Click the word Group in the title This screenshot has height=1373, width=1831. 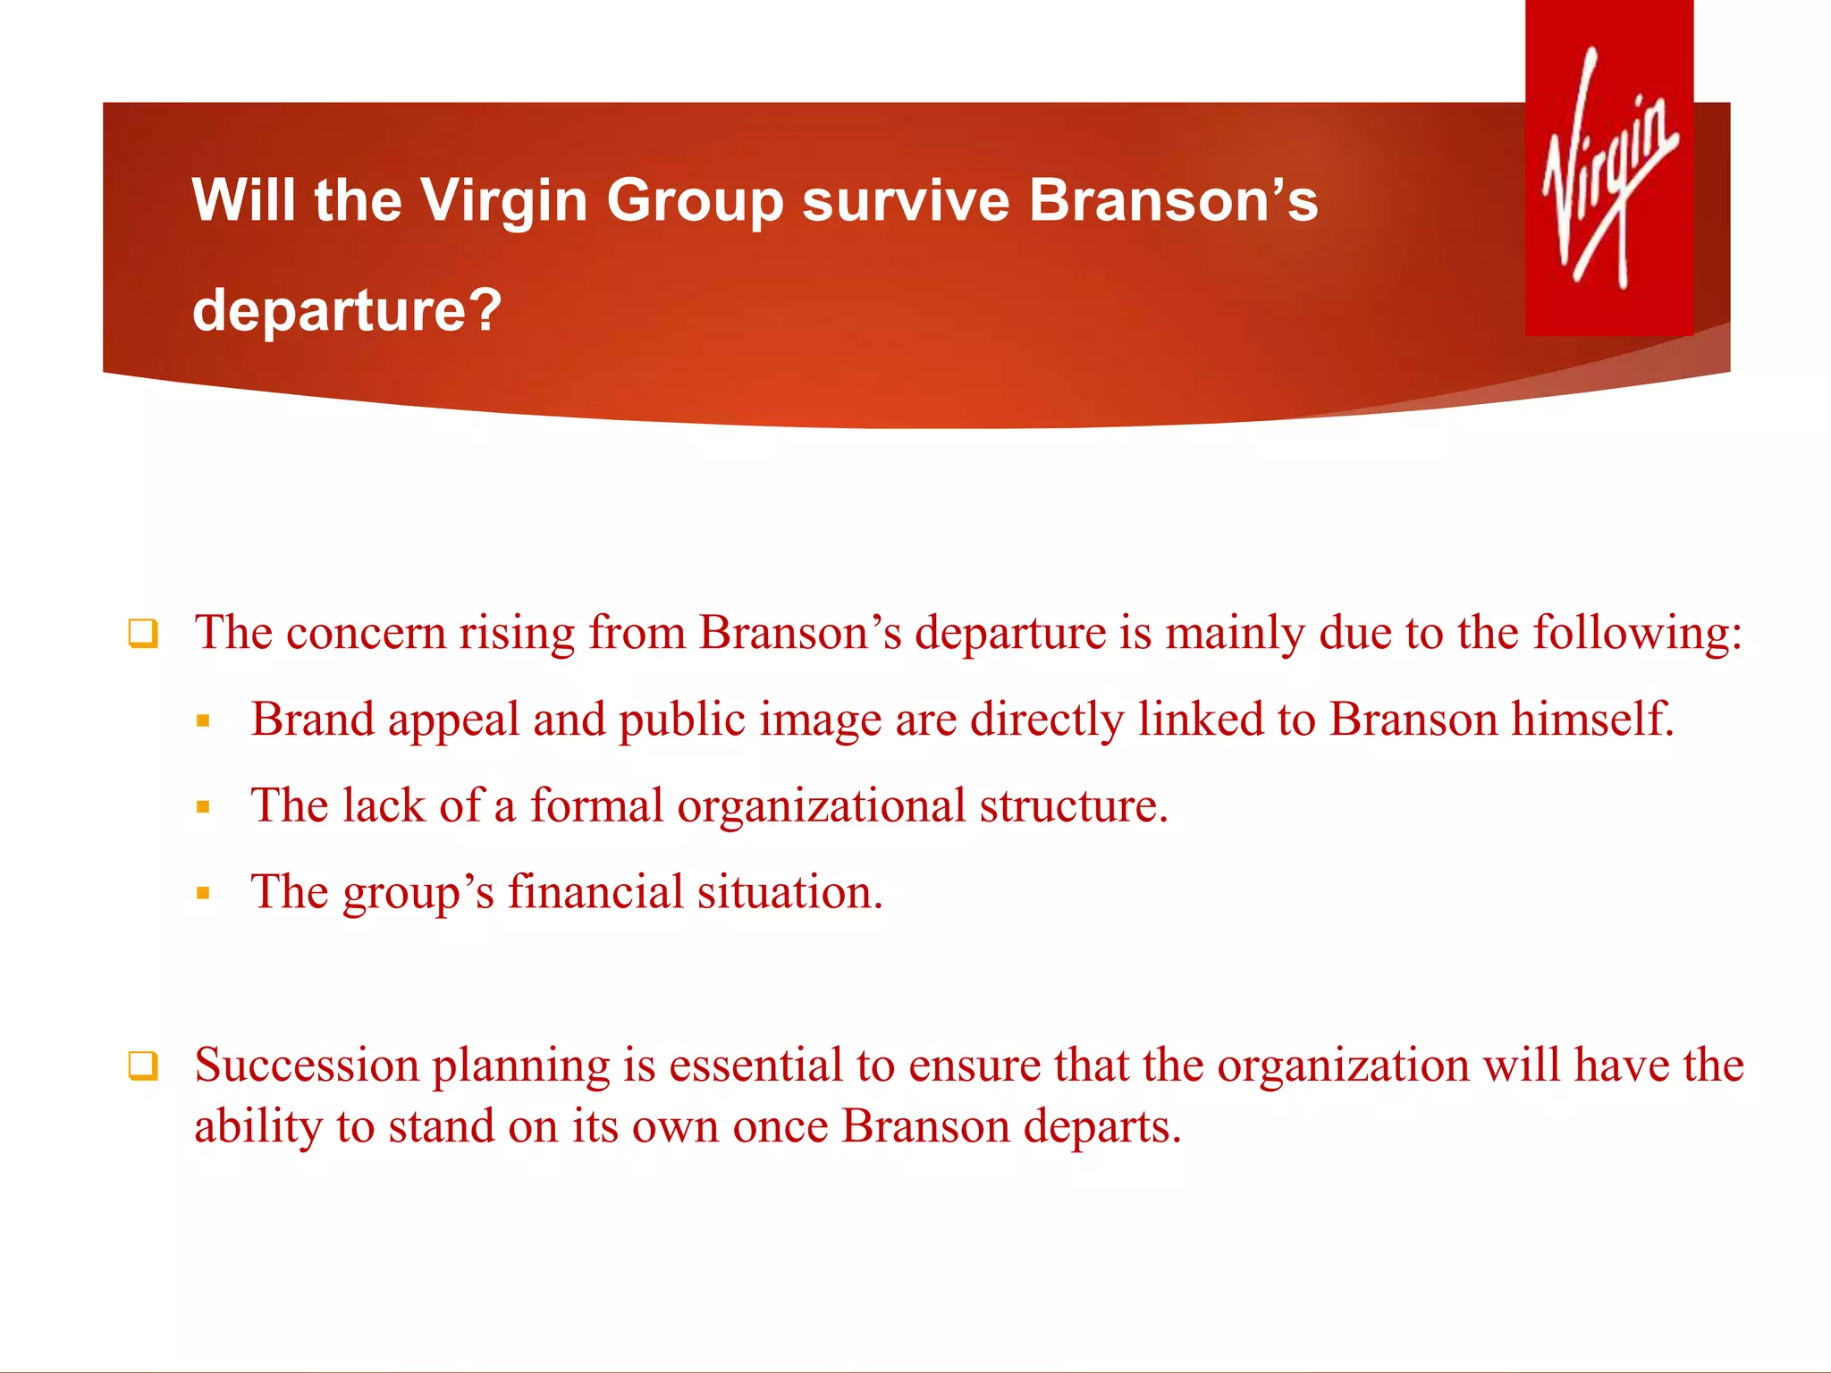[x=696, y=201]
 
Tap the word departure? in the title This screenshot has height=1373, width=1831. [x=347, y=310]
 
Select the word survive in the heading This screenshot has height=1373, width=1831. [x=906, y=199]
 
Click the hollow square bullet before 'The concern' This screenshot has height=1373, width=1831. [x=143, y=634]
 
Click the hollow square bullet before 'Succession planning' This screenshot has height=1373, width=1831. [x=143, y=1066]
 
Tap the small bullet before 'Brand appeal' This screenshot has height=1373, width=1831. [x=203, y=720]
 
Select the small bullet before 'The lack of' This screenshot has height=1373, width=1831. [x=203, y=807]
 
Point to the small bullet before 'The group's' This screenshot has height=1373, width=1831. [x=203, y=893]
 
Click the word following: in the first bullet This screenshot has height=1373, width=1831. [x=1638, y=633]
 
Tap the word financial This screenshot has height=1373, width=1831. [x=595, y=892]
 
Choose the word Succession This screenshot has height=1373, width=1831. [x=307, y=1066]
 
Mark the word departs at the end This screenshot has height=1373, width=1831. [x=1101, y=1126]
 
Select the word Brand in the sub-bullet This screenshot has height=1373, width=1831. [x=312, y=719]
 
